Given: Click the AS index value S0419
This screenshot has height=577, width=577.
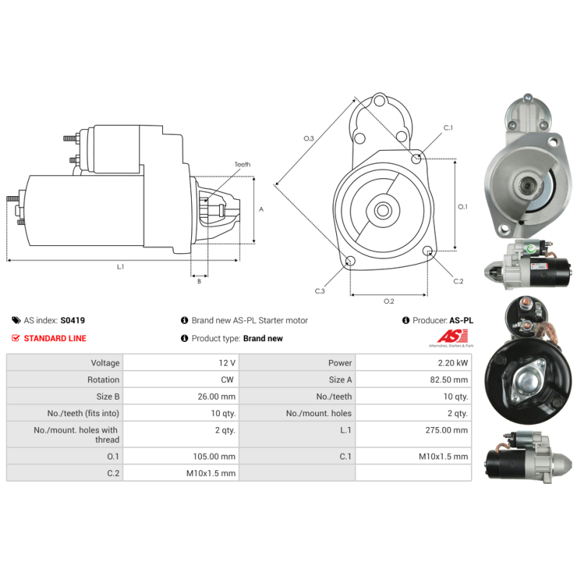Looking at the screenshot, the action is [x=73, y=320].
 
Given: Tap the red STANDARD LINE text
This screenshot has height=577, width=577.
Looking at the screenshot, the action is [x=55, y=338].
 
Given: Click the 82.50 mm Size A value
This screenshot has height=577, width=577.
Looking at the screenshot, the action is [x=449, y=380].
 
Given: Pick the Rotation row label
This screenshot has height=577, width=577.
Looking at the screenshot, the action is [x=103, y=380].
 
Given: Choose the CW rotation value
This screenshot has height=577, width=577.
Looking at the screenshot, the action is [x=227, y=380].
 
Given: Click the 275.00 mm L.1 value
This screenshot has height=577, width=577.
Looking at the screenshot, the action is [x=446, y=430].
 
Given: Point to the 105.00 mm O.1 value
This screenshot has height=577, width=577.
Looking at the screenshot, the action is [x=214, y=457].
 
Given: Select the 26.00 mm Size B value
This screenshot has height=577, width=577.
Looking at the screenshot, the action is [x=216, y=397].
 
